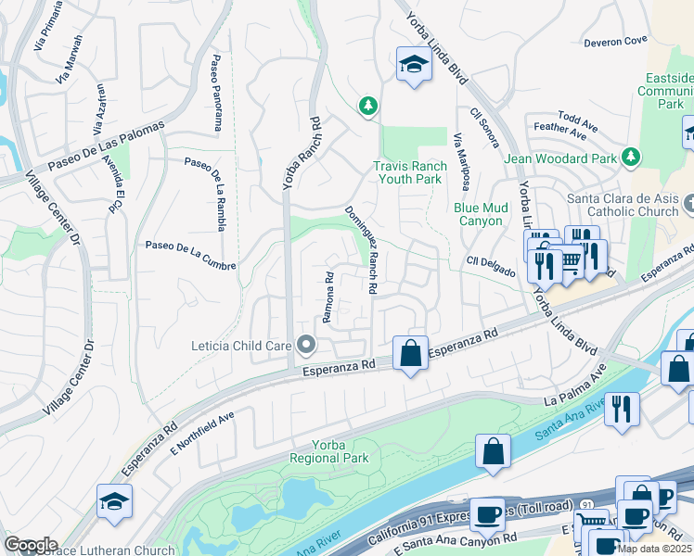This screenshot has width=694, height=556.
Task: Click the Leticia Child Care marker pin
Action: click(x=306, y=346)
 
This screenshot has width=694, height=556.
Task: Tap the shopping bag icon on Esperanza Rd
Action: click(x=410, y=353)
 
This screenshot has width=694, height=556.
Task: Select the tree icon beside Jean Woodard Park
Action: click(x=631, y=157)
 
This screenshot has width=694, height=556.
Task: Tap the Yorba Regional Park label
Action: click(x=328, y=451)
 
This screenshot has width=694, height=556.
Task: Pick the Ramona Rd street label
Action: click(x=328, y=297)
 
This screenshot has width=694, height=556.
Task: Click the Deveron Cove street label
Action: click(x=615, y=42)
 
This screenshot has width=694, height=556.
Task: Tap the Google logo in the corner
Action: click(x=31, y=544)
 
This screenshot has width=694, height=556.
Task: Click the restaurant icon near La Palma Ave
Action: click(x=622, y=409)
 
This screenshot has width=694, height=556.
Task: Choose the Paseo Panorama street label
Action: click(x=215, y=81)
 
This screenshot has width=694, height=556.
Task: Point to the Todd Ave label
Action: click(x=578, y=120)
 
